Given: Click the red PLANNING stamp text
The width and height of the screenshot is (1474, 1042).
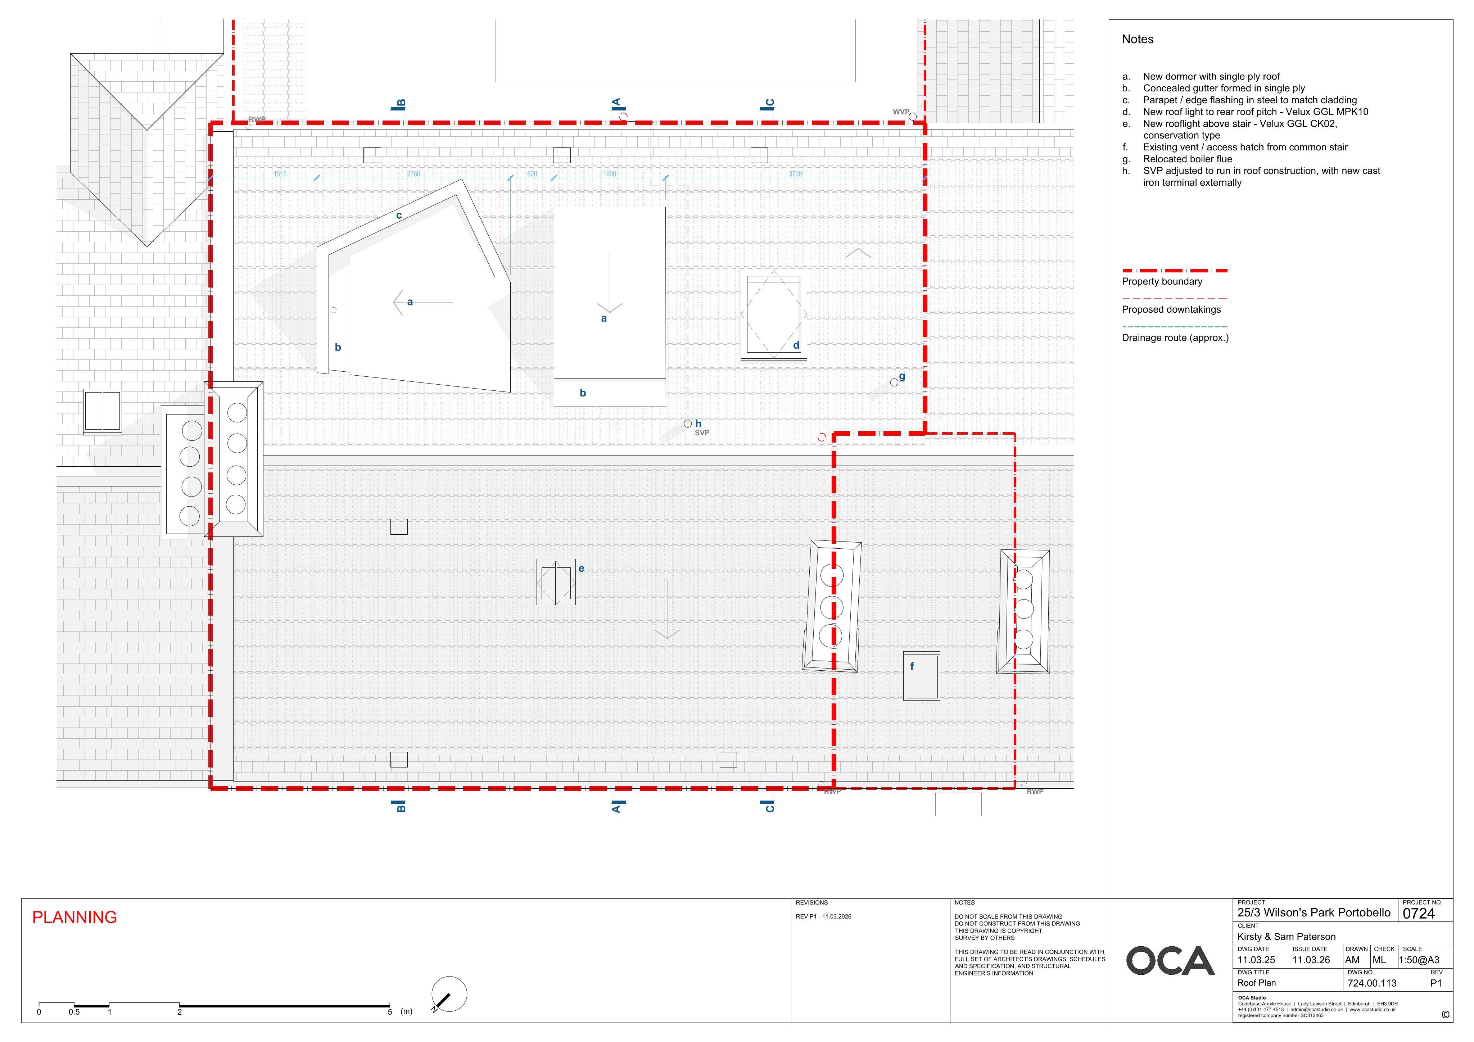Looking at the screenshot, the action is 74,918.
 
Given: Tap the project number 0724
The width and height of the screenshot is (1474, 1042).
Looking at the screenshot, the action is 1419,914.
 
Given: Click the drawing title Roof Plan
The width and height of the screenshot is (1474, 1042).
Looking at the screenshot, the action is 1256,983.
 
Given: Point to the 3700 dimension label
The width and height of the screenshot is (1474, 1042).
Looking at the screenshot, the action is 795,174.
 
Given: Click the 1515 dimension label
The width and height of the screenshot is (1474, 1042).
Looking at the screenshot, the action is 280,174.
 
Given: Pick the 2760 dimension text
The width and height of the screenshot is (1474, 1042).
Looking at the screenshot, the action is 413,174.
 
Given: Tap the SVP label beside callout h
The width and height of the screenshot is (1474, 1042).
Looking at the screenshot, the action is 702,433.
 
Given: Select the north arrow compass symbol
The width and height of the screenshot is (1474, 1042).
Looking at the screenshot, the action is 449,995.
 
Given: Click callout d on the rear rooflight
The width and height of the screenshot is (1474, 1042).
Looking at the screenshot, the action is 796,345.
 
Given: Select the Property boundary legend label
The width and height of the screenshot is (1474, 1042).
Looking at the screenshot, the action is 1162,281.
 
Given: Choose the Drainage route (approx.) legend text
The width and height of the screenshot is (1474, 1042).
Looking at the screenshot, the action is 1175,338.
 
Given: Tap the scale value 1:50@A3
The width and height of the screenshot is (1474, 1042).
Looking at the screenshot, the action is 1419,960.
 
